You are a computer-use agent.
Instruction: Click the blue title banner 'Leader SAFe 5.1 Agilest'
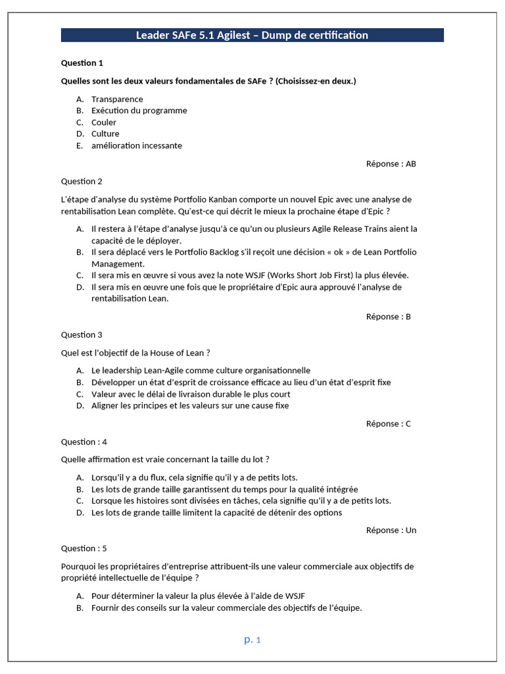(x=252, y=35)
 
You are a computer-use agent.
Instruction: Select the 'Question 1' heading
(x=82, y=63)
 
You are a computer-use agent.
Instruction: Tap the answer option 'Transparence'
(x=117, y=99)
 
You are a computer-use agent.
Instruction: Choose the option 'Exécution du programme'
(x=139, y=111)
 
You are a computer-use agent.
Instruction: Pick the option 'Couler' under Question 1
(x=104, y=122)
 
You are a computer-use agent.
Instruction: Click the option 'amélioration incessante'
(x=136, y=145)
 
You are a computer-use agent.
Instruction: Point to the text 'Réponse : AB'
(x=391, y=164)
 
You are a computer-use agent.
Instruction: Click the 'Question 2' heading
(x=82, y=182)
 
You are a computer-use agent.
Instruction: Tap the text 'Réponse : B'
(x=388, y=317)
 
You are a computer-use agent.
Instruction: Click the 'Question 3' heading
(x=82, y=335)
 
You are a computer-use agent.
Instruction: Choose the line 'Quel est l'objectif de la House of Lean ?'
(x=135, y=353)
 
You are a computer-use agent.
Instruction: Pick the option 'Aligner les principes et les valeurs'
(x=190, y=405)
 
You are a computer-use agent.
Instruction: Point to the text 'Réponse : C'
(x=388, y=424)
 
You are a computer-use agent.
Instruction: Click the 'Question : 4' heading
(x=84, y=442)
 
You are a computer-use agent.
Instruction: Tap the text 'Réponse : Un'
(x=391, y=531)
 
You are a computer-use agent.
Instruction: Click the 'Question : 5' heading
(x=84, y=548)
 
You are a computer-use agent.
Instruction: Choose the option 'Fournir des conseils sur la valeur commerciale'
(x=226, y=608)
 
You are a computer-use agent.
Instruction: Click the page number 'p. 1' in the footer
(x=252, y=639)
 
